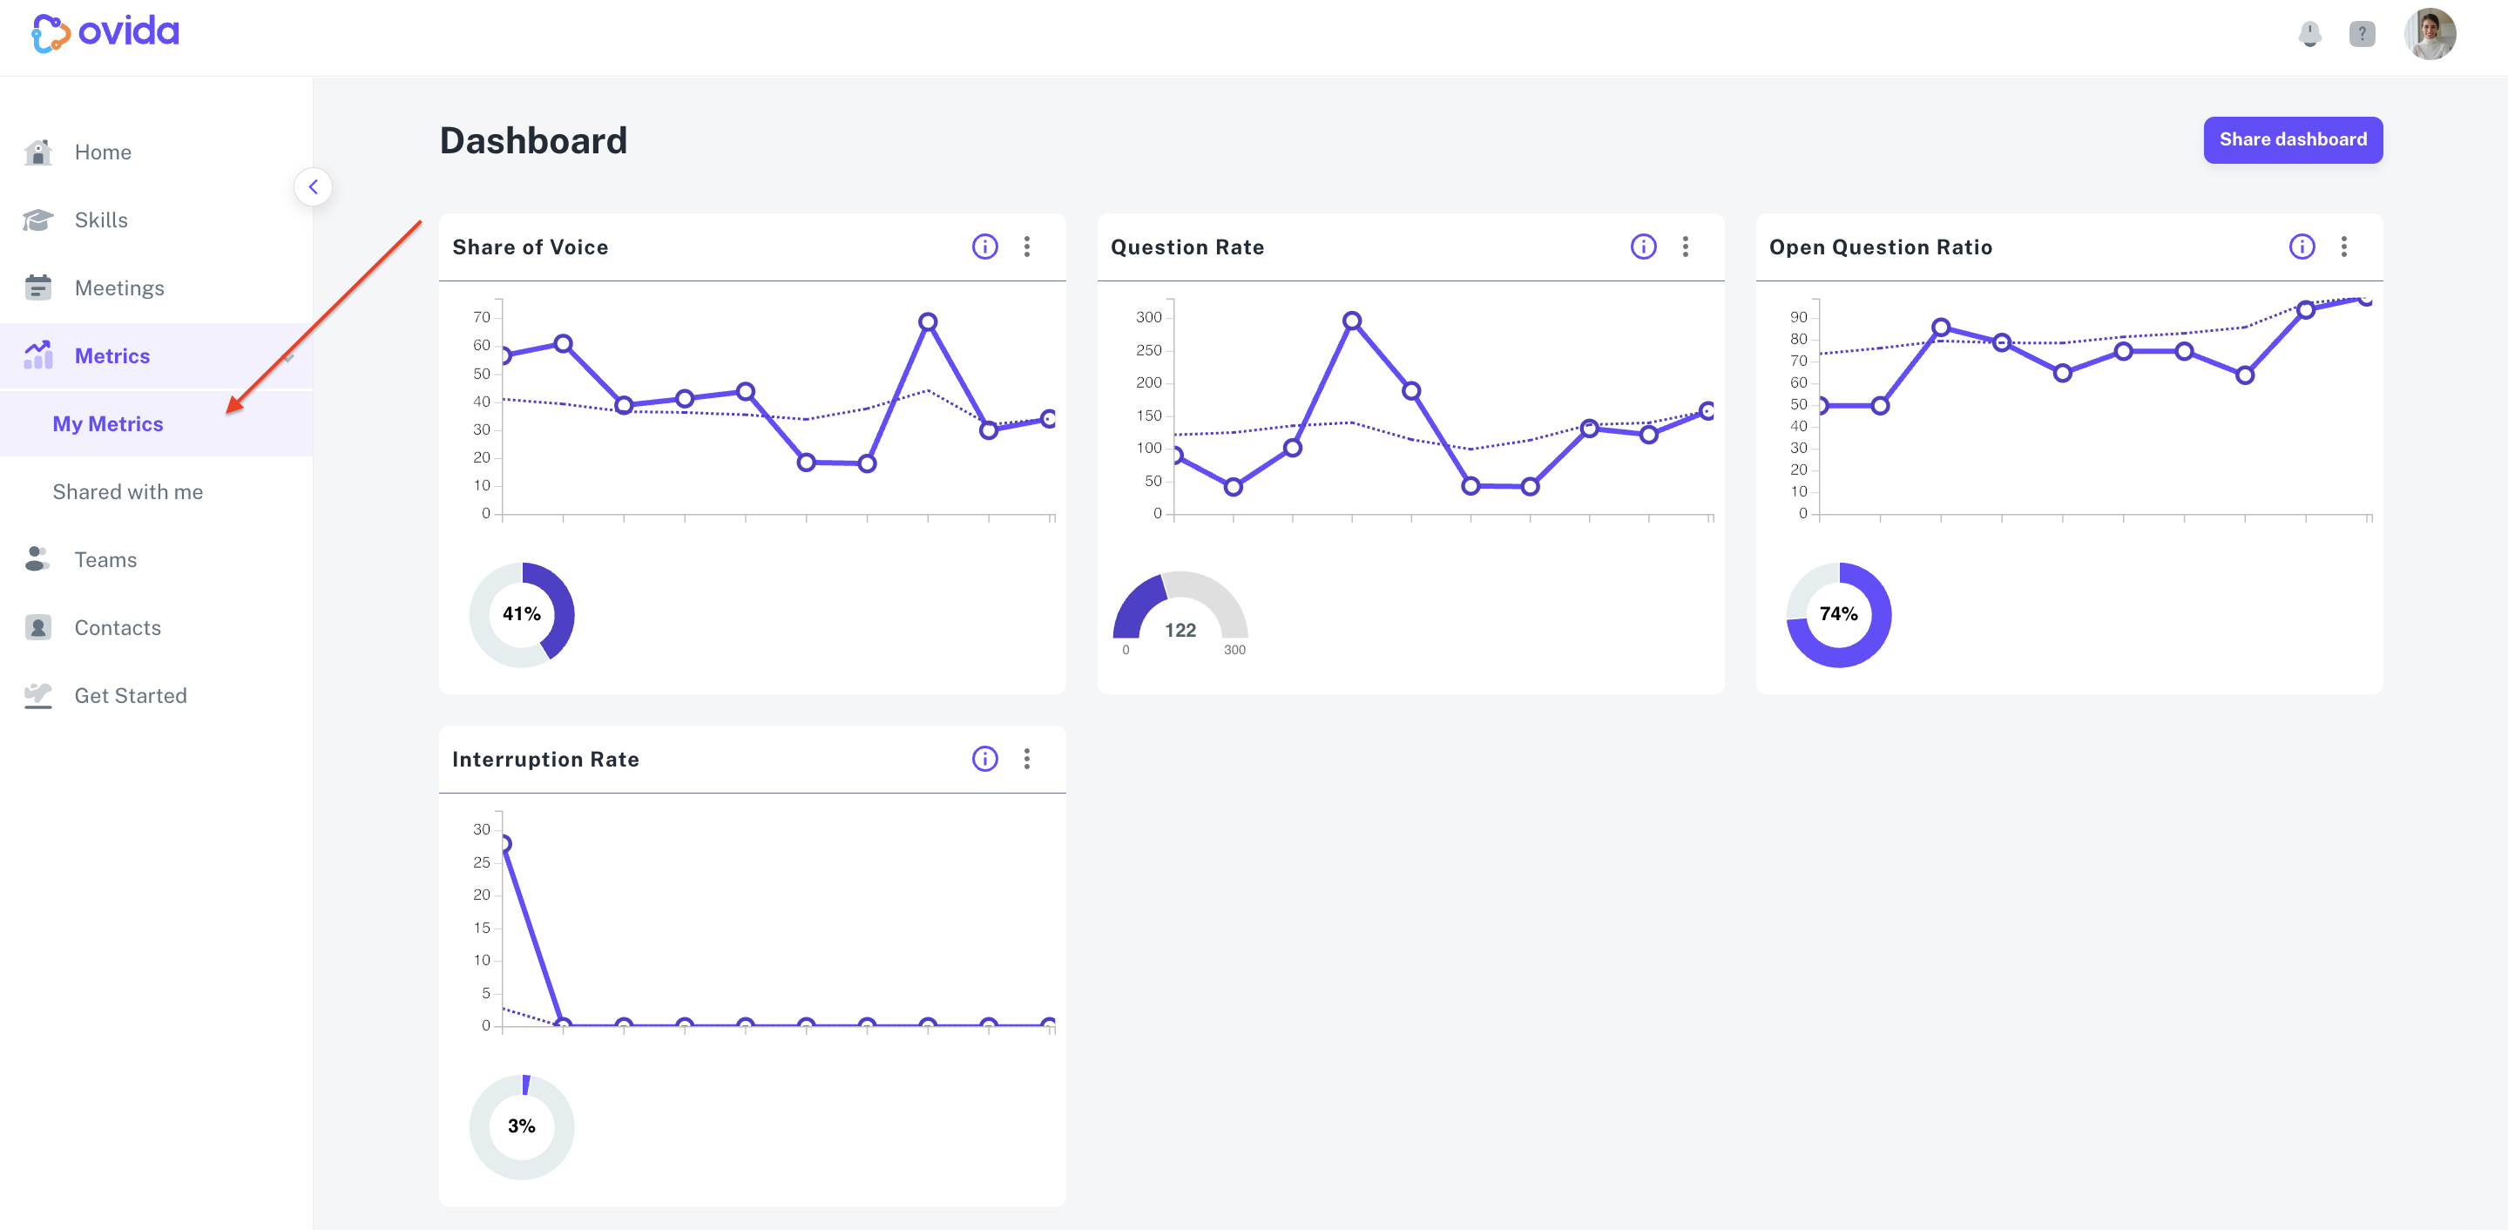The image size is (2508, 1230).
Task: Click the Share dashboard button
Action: (x=2293, y=140)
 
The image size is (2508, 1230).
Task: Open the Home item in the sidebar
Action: (x=102, y=152)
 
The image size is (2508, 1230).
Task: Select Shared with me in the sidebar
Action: (x=127, y=492)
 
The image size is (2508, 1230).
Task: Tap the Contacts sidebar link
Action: (x=117, y=627)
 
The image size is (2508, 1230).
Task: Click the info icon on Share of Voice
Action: (x=985, y=247)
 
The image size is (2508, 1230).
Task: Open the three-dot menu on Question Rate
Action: (x=1686, y=247)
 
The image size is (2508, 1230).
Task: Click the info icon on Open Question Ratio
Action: (x=2302, y=247)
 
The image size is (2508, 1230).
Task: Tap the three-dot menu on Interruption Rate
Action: (x=1027, y=759)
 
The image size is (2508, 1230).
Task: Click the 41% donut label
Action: (x=522, y=613)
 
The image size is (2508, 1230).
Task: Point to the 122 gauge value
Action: (x=1180, y=630)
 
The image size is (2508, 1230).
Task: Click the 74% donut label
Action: (x=1838, y=613)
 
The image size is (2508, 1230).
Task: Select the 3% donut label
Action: (x=522, y=1125)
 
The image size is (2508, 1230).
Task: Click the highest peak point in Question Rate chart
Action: (x=1351, y=321)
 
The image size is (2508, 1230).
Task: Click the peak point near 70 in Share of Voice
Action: (x=928, y=321)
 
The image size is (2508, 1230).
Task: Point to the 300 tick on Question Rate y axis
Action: (x=1149, y=317)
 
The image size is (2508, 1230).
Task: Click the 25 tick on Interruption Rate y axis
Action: (x=482, y=862)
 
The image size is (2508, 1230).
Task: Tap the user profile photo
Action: (x=2430, y=34)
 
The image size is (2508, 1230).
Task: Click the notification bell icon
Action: (x=2309, y=34)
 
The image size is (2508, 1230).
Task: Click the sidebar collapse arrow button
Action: (x=313, y=187)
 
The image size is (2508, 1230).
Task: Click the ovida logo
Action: (x=105, y=33)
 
